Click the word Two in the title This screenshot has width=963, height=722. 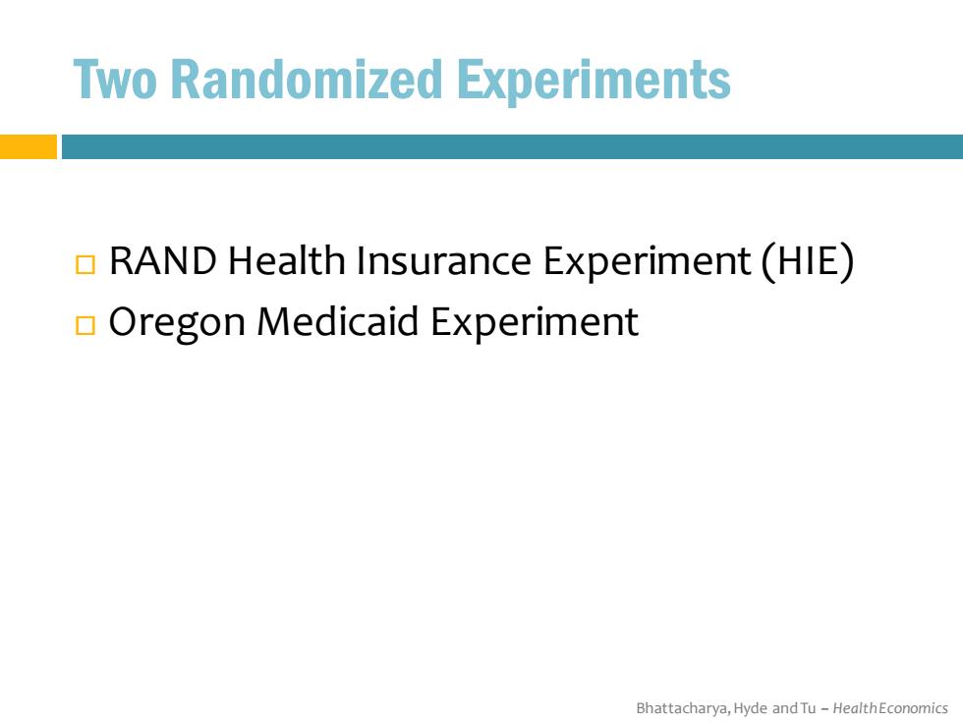115,80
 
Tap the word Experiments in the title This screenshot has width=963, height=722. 594,82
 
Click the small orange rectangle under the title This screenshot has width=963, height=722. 28,146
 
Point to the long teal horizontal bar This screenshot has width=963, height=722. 512,146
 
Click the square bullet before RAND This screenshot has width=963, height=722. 85,264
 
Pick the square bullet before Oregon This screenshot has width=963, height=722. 85,325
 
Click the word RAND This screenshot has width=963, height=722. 163,260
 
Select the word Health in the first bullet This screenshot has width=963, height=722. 286,259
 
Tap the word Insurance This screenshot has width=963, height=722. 443,260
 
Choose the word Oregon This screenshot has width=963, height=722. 177,323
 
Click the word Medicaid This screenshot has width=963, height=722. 338,320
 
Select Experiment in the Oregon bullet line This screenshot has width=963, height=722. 535,323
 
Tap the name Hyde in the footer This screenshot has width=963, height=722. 751,709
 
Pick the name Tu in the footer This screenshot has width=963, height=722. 808,708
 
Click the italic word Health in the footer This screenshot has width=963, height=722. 855,708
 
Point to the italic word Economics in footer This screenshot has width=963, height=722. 913,708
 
